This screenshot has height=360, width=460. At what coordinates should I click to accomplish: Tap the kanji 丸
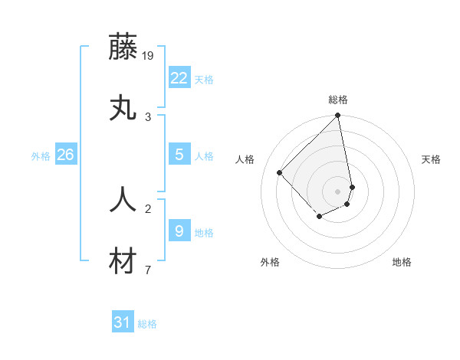[x=123, y=108]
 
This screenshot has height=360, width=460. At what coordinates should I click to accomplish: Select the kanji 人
[x=123, y=200]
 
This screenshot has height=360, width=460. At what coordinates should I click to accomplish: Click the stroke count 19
[x=148, y=55]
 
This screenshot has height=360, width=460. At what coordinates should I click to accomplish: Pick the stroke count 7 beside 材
[x=148, y=270]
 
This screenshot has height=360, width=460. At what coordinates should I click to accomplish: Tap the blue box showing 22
[x=179, y=77]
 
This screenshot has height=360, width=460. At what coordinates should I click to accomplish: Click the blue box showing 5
[x=179, y=154]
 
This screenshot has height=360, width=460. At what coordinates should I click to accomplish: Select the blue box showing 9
[x=179, y=230]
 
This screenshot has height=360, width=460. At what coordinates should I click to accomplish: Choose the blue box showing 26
[x=65, y=155]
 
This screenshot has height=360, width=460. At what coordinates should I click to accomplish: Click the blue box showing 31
[x=122, y=322]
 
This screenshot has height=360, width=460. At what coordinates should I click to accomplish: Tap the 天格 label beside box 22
[x=204, y=80]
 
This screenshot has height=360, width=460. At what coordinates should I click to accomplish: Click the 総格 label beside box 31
[x=147, y=325]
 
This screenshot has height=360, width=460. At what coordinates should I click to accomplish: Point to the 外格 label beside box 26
[x=41, y=156]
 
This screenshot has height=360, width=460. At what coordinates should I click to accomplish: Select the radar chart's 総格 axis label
[x=338, y=100]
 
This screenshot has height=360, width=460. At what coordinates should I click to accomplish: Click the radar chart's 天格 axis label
[x=432, y=159]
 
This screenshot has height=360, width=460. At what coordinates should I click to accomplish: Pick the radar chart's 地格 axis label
[x=402, y=262]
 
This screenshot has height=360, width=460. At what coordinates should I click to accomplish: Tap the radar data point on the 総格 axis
[x=338, y=116]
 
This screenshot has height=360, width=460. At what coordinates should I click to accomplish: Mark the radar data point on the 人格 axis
[x=280, y=172]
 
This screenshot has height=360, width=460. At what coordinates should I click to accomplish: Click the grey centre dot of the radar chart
[x=338, y=191]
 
